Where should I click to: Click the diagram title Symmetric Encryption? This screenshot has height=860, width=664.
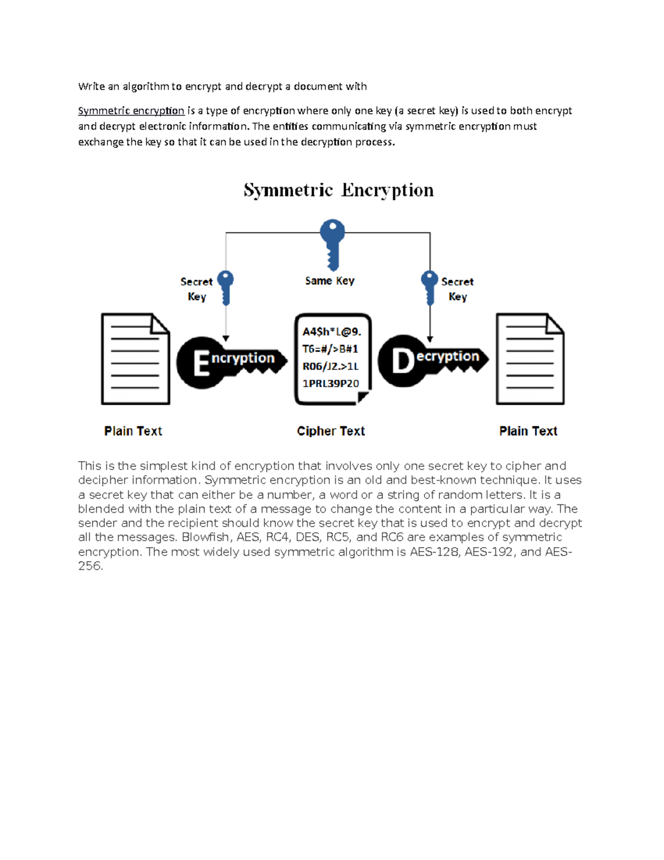tap(338, 190)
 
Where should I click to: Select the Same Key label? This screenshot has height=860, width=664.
tap(329, 281)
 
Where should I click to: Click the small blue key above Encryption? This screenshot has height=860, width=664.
tap(225, 287)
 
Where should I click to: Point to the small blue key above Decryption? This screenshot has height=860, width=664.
tap(429, 287)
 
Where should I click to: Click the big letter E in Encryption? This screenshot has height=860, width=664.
tap(201, 364)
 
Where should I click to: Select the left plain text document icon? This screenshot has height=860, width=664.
tap(135, 359)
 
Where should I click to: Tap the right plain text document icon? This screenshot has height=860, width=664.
tap(530, 359)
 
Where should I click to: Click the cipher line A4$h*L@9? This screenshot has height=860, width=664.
tap(331, 332)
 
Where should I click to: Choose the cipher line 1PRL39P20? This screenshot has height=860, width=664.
tap(330, 383)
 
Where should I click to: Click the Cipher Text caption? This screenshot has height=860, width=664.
tap(330, 431)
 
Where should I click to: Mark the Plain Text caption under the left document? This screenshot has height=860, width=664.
tap(133, 431)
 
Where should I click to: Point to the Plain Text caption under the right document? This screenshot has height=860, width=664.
tap(528, 431)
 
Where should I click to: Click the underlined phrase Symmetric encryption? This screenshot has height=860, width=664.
tap(131, 111)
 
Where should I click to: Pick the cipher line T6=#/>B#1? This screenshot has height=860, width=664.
tap(330, 349)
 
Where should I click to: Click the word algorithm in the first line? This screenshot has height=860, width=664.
tap(146, 86)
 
